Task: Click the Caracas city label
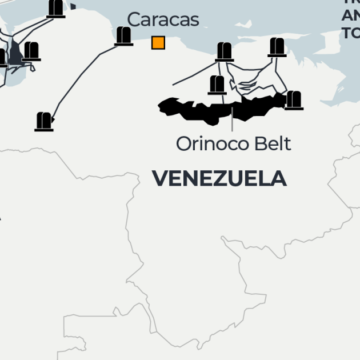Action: pos(163,19)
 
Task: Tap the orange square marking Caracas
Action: pos(158,42)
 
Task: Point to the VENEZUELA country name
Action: pos(219,178)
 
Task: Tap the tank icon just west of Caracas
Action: pos(124,37)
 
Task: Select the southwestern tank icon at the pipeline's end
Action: pos(44,121)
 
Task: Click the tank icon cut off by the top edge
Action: pos(56,8)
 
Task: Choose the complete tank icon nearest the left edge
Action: pos(31,51)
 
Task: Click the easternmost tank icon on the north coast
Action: pos(276,46)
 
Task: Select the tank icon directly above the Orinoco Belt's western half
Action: pos(217,85)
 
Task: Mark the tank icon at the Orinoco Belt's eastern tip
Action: pos(293,100)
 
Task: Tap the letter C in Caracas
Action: pos(134,19)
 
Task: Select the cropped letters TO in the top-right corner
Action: pos(351,30)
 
